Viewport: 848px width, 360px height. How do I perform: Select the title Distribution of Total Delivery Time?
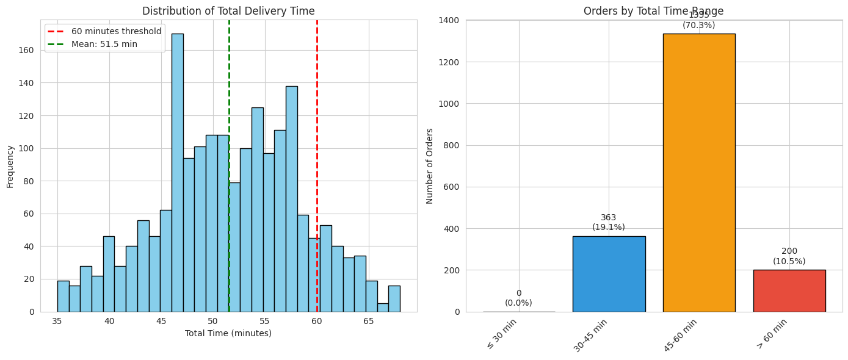pyautogui.click(x=228, y=11)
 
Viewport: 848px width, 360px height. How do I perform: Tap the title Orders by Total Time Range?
pyautogui.click(x=653, y=11)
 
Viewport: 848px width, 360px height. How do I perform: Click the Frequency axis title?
pyautogui.click(x=10, y=166)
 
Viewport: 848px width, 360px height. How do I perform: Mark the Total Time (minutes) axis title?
pyautogui.click(x=228, y=333)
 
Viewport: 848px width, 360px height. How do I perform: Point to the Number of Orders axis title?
pyautogui.click(x=430, y=166)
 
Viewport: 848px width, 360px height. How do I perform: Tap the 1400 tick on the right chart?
pyautogui.click(x=450, y=20)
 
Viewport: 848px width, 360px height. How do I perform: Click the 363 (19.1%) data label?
pyautogui.click(x=609, y=222)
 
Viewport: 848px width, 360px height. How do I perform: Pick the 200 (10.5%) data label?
pyautogui.click(x=789, y=256)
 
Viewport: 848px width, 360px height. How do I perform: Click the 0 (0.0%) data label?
pyautogui.click(x=518, y=298)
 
